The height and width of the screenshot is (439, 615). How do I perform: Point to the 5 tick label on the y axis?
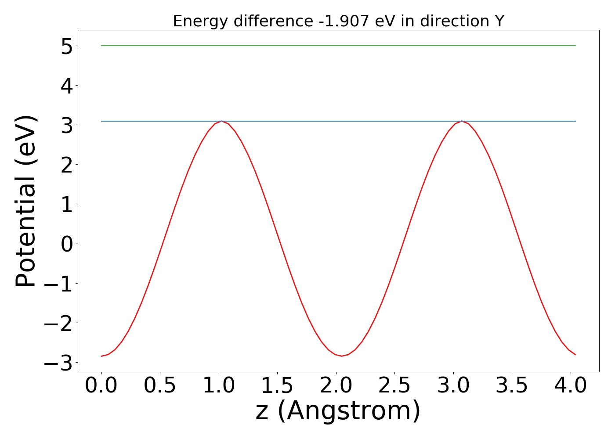pos(67,46)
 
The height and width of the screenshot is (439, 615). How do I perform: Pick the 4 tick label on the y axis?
pos(67,86)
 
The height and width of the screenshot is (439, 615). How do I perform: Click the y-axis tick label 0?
pos(67,244)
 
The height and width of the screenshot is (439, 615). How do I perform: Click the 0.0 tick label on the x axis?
pos(101,386)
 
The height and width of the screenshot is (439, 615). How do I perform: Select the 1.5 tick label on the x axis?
pos(277,386)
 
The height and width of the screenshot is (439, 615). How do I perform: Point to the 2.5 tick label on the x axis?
pos(394,386)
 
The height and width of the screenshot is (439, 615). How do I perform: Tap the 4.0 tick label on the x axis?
pos(570,386)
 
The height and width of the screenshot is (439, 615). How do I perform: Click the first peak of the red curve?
pos(222,121)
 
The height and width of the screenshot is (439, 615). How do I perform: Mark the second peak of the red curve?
pos(462,121)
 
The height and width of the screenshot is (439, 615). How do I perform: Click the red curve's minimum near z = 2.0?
pos(342,356)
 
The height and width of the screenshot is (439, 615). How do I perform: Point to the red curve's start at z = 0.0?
pos(101,356)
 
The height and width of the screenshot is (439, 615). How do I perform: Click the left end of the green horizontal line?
pos(102,46)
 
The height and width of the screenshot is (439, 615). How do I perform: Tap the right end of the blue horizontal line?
pos(575,121)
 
